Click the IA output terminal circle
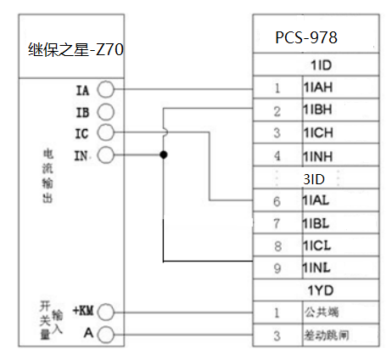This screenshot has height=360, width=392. click(x=105, y=89)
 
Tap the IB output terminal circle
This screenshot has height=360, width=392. click(x=105, y=112)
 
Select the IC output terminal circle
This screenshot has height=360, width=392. click(x=105, y=132)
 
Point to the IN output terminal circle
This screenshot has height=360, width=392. click(x=105, y=155)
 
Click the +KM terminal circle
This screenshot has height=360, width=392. click(x=105, y=312)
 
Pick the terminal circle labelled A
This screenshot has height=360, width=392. click(x=105, y=335)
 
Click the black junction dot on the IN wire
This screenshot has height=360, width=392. click(x=164, y=155)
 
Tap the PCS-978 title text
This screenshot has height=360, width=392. click(x=306, y=37)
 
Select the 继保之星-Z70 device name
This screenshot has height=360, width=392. click(x=76, y=49)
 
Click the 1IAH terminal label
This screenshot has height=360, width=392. click(x=318, y=87)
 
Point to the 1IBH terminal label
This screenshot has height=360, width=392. click(x=318, y=110)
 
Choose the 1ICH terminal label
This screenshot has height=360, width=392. click(x=318, y=132)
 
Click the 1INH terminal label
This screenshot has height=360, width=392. click(x=318, y=156)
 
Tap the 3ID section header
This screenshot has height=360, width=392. click(x=314, y=179)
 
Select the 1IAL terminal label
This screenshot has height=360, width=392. click(x=316, y=200)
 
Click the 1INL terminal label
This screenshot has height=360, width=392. click(x=316, y=267)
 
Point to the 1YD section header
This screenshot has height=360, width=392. click(x=321, y=290)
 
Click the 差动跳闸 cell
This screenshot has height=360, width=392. click(x=327, y=335)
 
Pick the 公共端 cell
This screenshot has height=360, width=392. click(x=322, y=312)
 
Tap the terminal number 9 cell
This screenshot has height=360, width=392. click(x=277, y=267)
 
